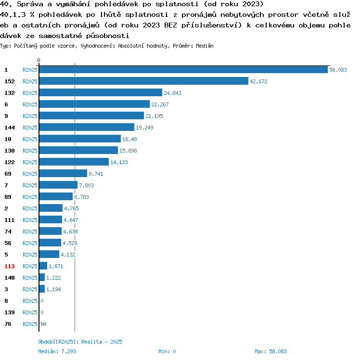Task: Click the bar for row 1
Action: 183,70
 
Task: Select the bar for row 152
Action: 143,81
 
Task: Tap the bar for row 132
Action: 101,93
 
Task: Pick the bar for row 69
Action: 63,174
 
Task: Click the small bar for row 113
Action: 43,266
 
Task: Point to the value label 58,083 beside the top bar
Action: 338,70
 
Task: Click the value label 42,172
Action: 258,81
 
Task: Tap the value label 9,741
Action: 96,174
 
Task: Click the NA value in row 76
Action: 43,324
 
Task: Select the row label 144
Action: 10,128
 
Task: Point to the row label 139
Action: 10,312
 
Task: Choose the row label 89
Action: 8,197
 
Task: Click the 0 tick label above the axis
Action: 39,61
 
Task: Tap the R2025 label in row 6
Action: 30,104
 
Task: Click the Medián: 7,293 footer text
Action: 56,351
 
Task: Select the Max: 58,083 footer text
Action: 271,351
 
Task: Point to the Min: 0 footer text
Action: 167,351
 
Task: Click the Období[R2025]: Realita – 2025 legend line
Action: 80,342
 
